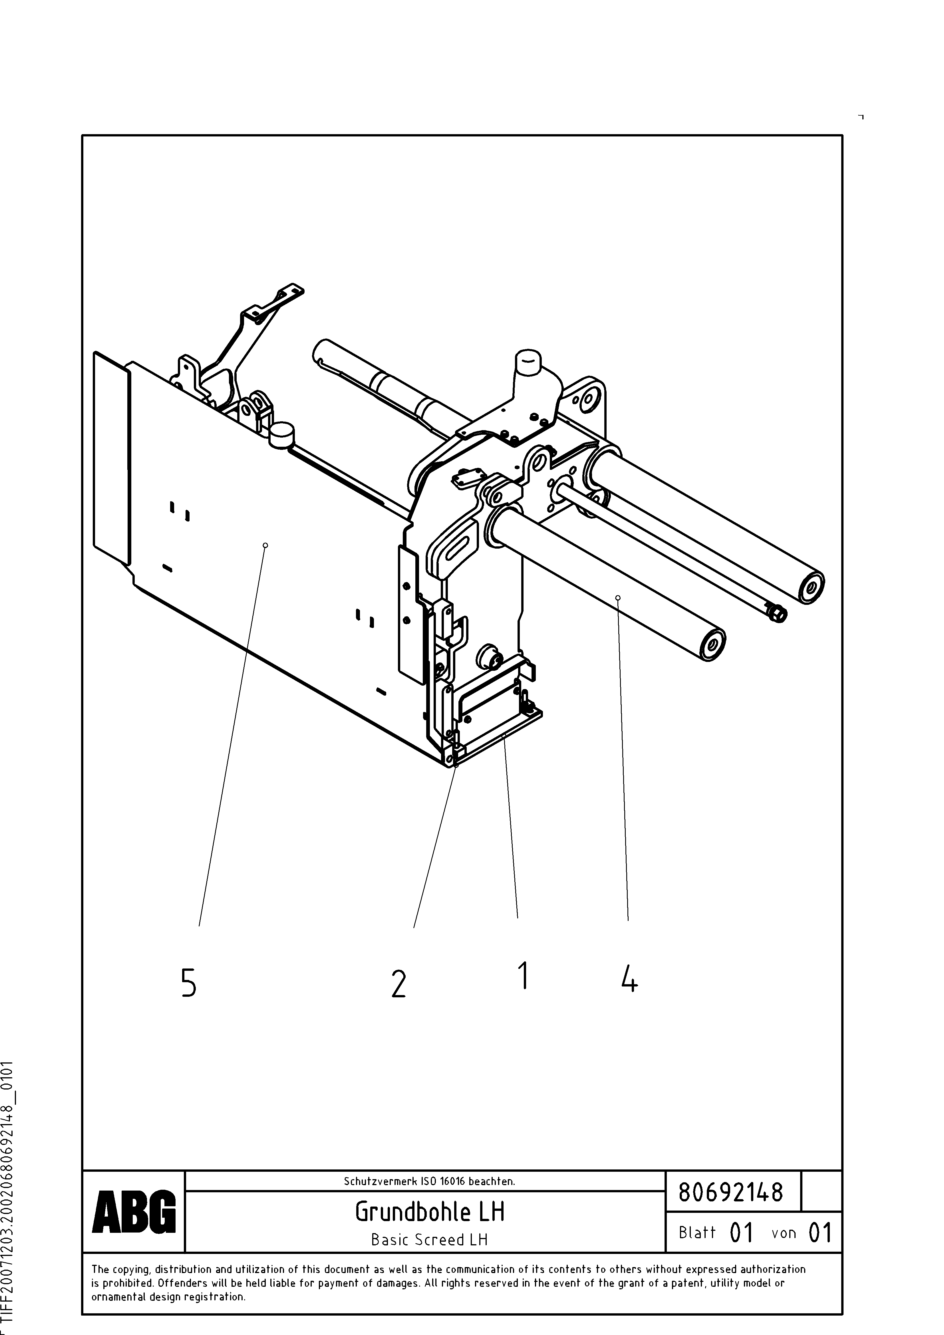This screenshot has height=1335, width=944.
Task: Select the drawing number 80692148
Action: [731, 1193]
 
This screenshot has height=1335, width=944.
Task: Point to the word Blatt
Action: [697, 1232]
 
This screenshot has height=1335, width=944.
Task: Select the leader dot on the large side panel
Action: [265, 545]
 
